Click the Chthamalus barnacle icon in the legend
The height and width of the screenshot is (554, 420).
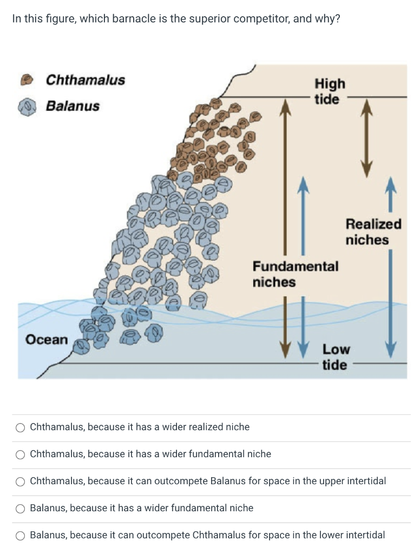click(x=25, y=80)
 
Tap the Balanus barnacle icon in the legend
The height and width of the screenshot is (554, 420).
click(x=25, y=106)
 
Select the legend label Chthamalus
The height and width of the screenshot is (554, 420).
click(x=85, y=80)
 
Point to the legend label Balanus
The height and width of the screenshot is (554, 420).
click(x=73, y=105)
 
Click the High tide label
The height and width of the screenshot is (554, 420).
click(x=329, y=91)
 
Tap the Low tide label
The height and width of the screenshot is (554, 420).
click(x=336, y=357)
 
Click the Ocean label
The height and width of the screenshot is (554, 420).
click(x=47, y=340)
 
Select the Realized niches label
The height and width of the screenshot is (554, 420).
click(x=373, y=232)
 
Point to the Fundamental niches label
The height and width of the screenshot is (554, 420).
click(x=295, y=274)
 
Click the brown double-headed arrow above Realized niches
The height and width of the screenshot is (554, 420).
click(x=367, y=135)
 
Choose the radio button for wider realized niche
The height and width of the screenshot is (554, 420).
click(x=21, y=427)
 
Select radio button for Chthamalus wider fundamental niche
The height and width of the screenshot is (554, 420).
click(x=21, y=454)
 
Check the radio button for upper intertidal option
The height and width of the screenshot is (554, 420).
click(x=21, y=482)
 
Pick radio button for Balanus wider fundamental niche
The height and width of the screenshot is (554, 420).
click(x=21, y=509)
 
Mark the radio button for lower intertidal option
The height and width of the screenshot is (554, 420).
click(x=21, y=536)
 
